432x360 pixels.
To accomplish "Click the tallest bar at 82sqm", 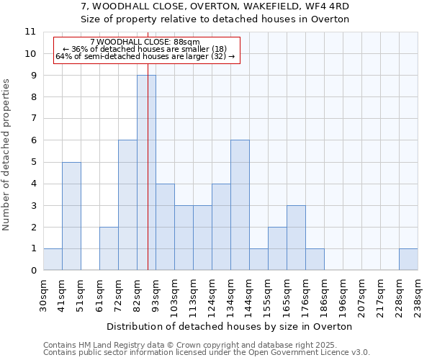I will pyautogui.click(x=146, y=173).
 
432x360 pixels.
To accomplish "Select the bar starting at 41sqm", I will pyautogui.click(x=71, y=216).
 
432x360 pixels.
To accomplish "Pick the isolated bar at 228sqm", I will pyautogui.click(x=408, y=259).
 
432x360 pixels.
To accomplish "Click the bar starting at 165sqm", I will pyautogui.click(x=296, y=238).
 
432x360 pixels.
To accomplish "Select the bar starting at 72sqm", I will pyautogui.click(x=127, y=205).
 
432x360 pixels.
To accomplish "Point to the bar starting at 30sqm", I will pyautogui.click(x=53, y=259).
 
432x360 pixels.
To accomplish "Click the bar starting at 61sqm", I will pyautogui.click(x=109, y=248).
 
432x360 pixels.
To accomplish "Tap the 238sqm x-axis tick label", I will pyautogui.click(x=418, y=295).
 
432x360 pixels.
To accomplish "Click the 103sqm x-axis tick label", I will pyautogui.click(x=174, y=295).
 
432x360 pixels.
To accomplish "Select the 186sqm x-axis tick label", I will pyautogui.click(x=324, y=295).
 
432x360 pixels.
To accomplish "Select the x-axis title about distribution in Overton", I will pyautogui.click(x=230, y=326).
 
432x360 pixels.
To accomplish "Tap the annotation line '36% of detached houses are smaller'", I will pyautogui.click(x=145, y=49).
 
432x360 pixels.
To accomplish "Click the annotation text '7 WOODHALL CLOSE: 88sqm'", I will pyautogui.click(x=145, y=42).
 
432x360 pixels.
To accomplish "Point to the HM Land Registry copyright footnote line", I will pyautogui.click(x=206, y=345).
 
